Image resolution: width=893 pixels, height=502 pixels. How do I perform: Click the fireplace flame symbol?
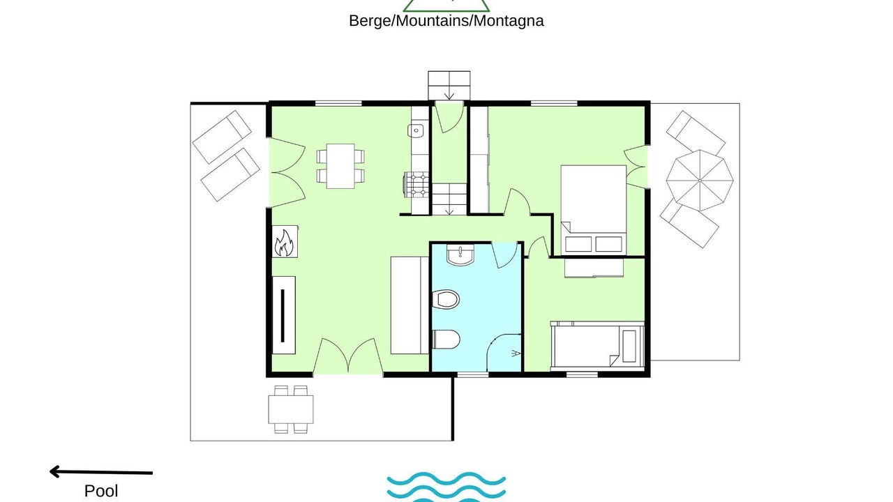(x=284, y=242)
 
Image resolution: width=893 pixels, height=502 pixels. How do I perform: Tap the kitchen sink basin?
(x=416, y=130)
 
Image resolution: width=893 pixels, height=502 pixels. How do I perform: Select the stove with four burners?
(x=417, y=185)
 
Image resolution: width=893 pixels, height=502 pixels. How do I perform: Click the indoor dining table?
(x=340, y=166)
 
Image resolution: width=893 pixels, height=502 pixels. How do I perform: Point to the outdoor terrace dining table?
(x=291, y=409)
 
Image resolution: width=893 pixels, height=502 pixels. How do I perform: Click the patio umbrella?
(x=700, y=181)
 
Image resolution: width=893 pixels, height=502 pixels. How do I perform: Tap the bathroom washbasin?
(x=460, y=254)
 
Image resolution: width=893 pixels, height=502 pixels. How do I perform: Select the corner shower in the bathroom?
(x=504, y=353)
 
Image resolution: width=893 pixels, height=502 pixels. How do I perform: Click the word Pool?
(x=101, y=491)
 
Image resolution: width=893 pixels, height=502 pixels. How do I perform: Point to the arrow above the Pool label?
(x=101, y=472)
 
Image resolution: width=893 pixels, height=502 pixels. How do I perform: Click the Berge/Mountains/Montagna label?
(x=446, y=21)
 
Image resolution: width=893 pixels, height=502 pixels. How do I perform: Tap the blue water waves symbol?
(x=446, y=487)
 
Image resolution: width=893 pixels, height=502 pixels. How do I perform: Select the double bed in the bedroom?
(x=594, y=210)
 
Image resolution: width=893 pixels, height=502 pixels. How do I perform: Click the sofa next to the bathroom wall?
(x=410, y=305)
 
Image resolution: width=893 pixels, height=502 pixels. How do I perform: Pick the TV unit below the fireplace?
(x=284, y=315)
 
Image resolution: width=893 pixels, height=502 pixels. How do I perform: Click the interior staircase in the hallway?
(x=449, y=199)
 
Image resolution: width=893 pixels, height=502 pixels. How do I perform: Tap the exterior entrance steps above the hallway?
(x=449, y=85)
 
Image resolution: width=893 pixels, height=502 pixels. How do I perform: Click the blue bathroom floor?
(x=476, y=307)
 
